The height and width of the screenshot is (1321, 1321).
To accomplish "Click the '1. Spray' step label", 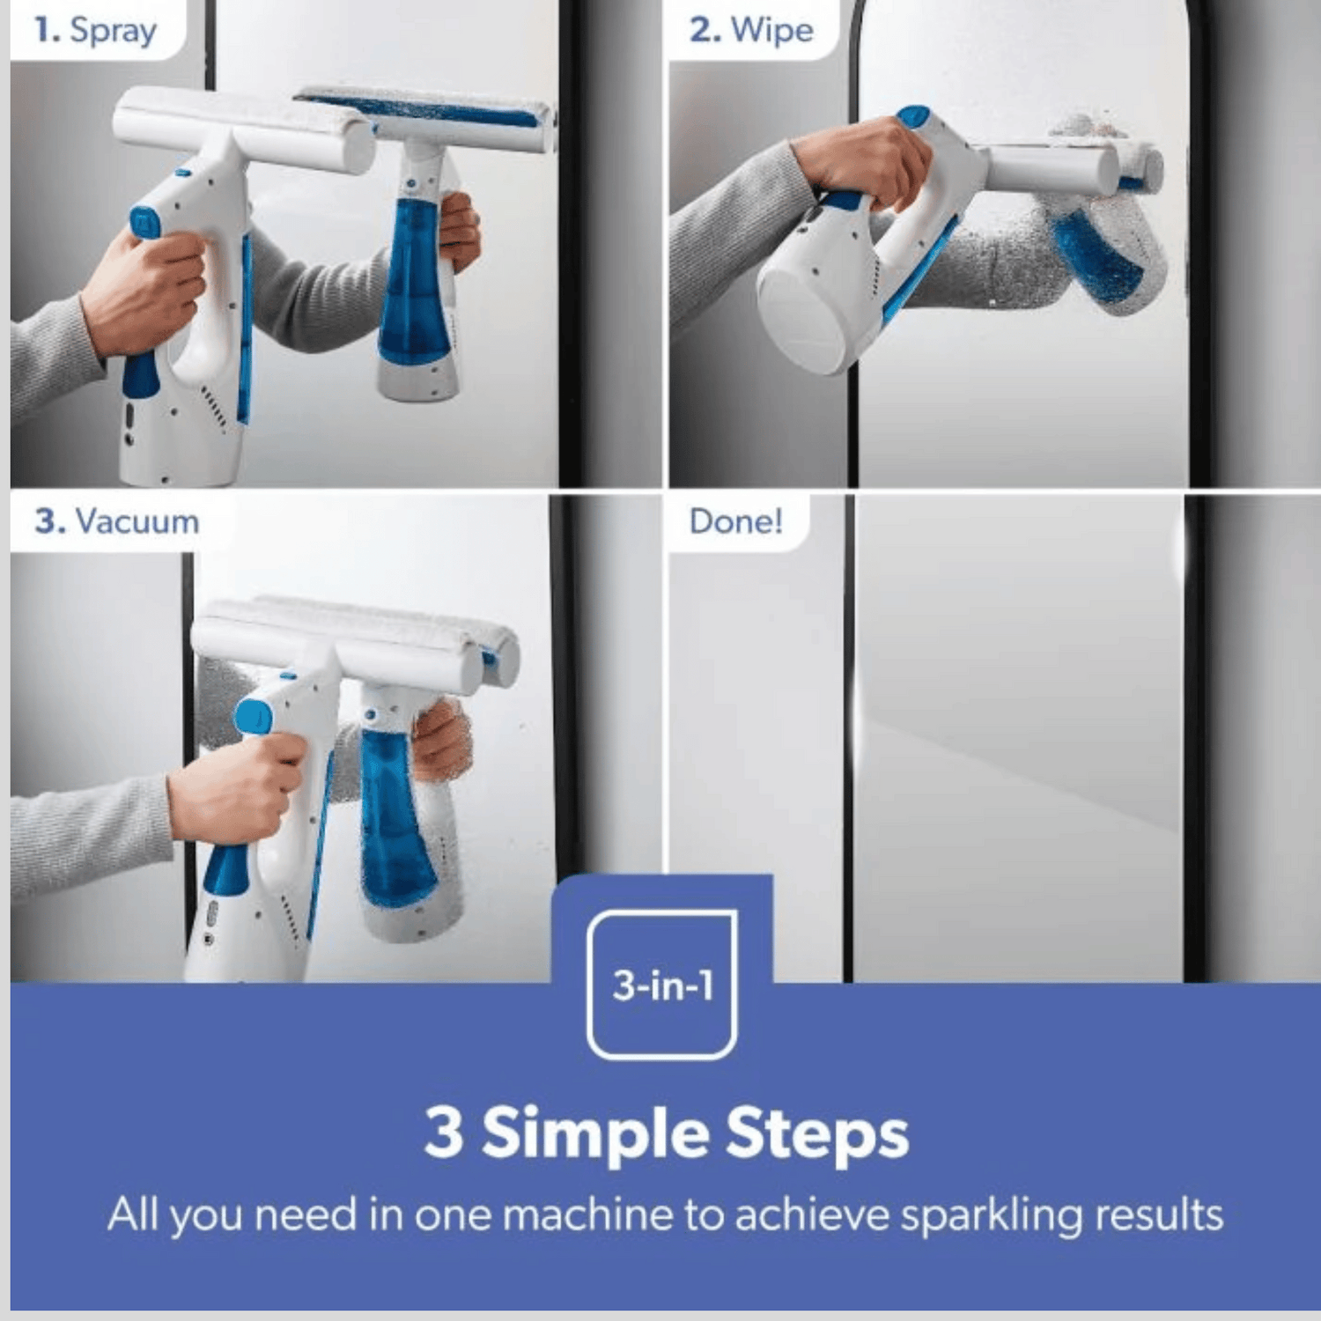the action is coord(95,30).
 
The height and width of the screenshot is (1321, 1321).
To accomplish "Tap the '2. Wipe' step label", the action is coord(751,30).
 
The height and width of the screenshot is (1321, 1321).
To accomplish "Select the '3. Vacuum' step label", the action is coord(116,521).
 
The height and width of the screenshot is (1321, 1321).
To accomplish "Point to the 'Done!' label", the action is coord(735,521).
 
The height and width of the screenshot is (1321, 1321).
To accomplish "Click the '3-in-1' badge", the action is coord(662,985).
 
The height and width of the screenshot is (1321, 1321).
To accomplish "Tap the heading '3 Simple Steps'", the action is coord(666,1133).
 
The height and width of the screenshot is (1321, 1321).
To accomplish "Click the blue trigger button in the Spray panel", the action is coord(144,222).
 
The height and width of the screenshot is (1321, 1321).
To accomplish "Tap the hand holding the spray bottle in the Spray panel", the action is coord(458,231).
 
